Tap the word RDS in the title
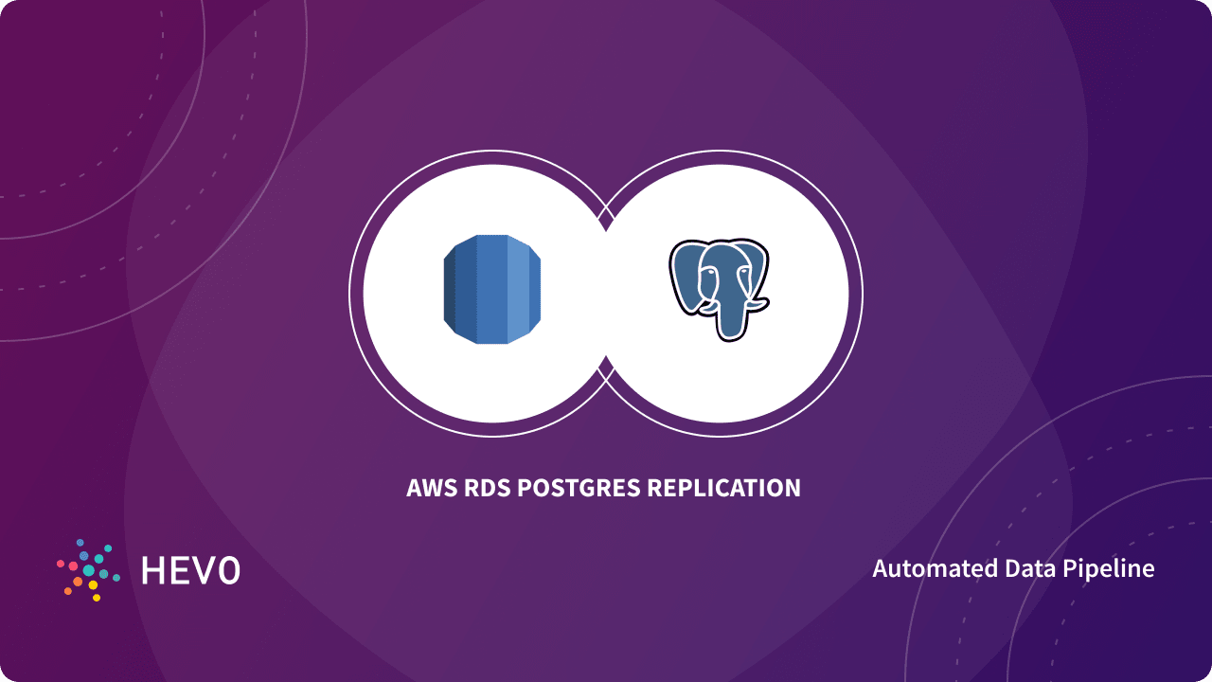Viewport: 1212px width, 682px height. [488, 489]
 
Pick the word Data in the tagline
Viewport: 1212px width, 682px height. [1025, 568]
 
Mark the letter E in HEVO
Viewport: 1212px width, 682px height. [180, 570]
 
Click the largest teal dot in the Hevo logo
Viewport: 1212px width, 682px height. [89, 570]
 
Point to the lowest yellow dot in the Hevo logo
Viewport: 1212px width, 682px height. [97, 598]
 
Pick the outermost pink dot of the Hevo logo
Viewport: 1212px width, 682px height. [61, 563]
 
